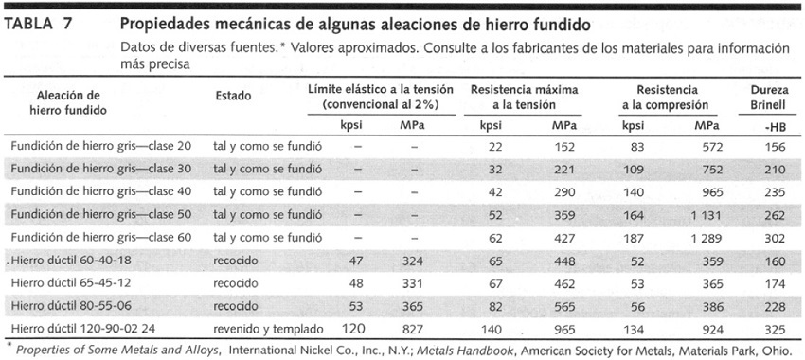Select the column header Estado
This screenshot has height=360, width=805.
pos(233,95)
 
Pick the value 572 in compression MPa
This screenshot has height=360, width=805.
pos(710,146)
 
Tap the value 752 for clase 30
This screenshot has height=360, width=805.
pos(710,169)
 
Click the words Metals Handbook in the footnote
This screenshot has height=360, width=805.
pos(450,349)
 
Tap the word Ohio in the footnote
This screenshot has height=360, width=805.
pos(776,349)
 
